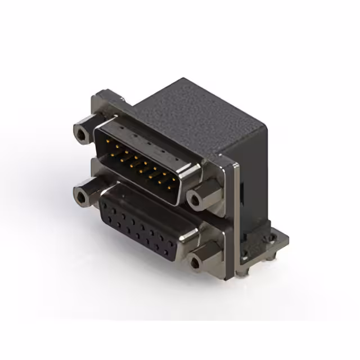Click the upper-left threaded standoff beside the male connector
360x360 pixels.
coord(82,133)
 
